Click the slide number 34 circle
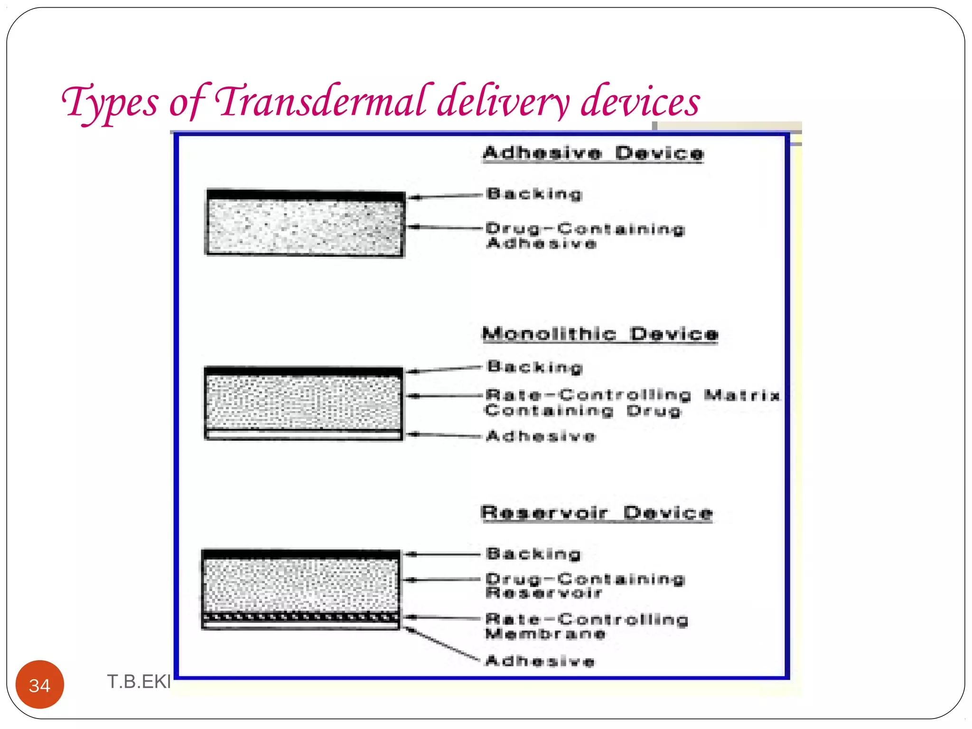tap(40, 684)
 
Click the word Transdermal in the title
tap(321, 101)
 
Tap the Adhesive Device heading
tap(593, 153)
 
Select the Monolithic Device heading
tap(600, 334)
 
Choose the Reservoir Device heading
tap(597, 513)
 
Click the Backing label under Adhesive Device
tap(534, 194)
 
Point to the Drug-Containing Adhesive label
tap(585, 236)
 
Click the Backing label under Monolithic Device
tap(535, 367)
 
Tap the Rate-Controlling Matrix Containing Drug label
tap(631, 402)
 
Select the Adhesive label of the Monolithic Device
tap(541, 436)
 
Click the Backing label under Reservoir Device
tap(533, 554)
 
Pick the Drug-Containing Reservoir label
tap(585, 586)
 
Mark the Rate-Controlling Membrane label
tap(587, 626)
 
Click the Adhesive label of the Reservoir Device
tap(540, 661)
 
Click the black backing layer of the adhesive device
tap(306, 195)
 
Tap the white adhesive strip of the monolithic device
tap(304, 434)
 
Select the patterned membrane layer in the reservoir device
tap(301, 617)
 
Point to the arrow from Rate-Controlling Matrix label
tap(445, 396)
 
